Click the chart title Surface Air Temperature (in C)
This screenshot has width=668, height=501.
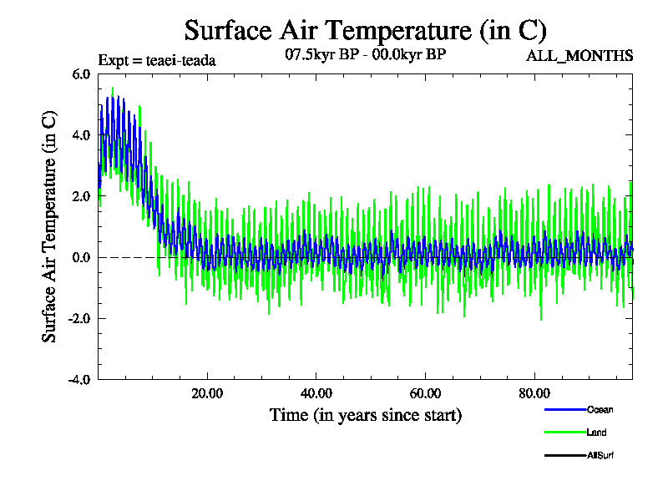[365, 31]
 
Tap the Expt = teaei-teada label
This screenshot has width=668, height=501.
[157, 60]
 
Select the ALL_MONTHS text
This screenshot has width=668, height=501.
[579, 56]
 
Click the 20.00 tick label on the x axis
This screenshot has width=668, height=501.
[207, 393]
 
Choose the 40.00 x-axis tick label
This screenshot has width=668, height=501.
[316, 393]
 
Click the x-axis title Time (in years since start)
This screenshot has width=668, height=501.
[365, 415]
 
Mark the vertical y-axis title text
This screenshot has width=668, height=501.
[50, 226]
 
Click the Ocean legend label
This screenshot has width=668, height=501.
[600, 410]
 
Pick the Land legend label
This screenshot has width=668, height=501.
[596, 433]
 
